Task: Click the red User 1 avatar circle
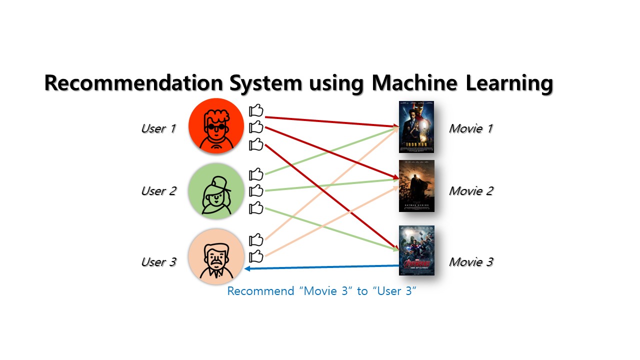(216, 126)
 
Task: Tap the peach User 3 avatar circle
(216, 256)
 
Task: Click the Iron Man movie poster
(416, 127)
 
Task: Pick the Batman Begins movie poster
(416, 186)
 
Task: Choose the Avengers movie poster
(416, 250)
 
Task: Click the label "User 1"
(158, 128)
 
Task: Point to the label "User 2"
(158, 191)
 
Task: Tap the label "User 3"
(158, 262)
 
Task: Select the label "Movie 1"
(470, 128)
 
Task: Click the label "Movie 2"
(470, 191)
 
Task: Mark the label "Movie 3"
(470, 262)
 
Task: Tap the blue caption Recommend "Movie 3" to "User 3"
(322, 291)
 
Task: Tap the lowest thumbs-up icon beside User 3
(256, 256)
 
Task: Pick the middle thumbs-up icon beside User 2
(256, 190)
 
